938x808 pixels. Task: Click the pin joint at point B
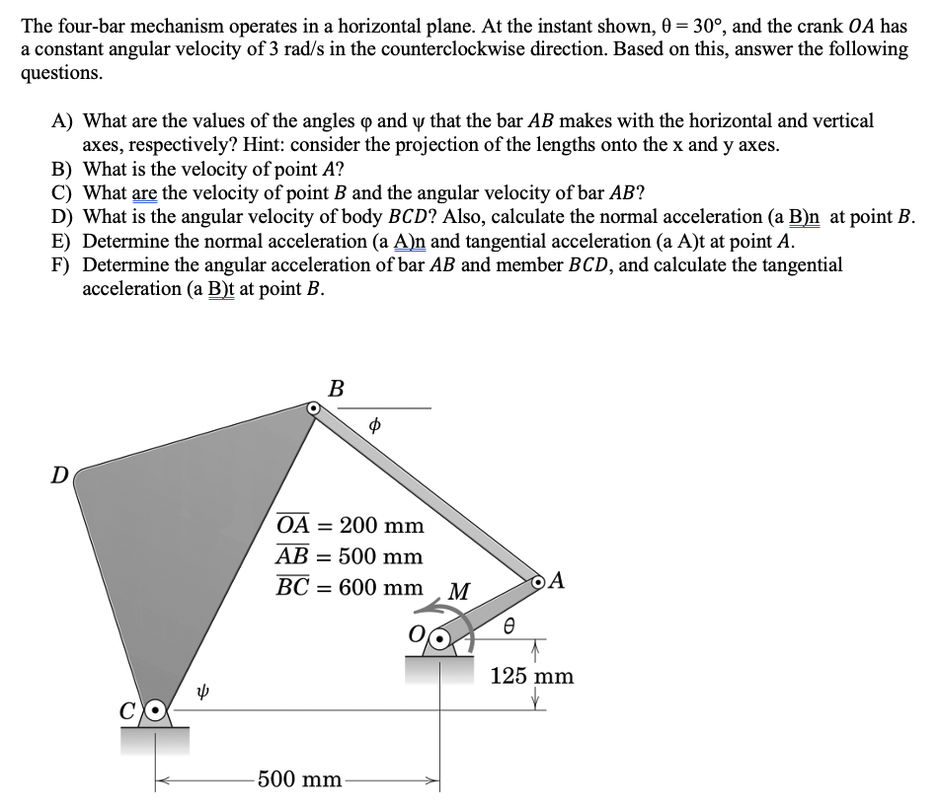click(313, 406)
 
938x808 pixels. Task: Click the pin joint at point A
click(540, 582)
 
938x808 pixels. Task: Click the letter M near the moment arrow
click(458, 592)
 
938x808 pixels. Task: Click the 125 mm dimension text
click(532, 676)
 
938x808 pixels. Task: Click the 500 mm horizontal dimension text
click(299, 779)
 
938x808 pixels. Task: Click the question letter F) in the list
click(63, 265)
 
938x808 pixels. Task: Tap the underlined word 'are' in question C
click(144, 193)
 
